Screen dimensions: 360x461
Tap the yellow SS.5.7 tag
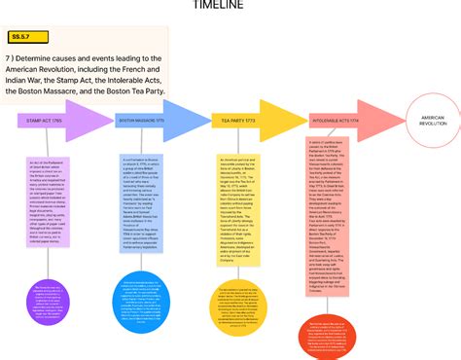point(21,37)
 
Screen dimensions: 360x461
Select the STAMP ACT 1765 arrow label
point(44,121)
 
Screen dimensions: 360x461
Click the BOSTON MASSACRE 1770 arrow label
point(141,121)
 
